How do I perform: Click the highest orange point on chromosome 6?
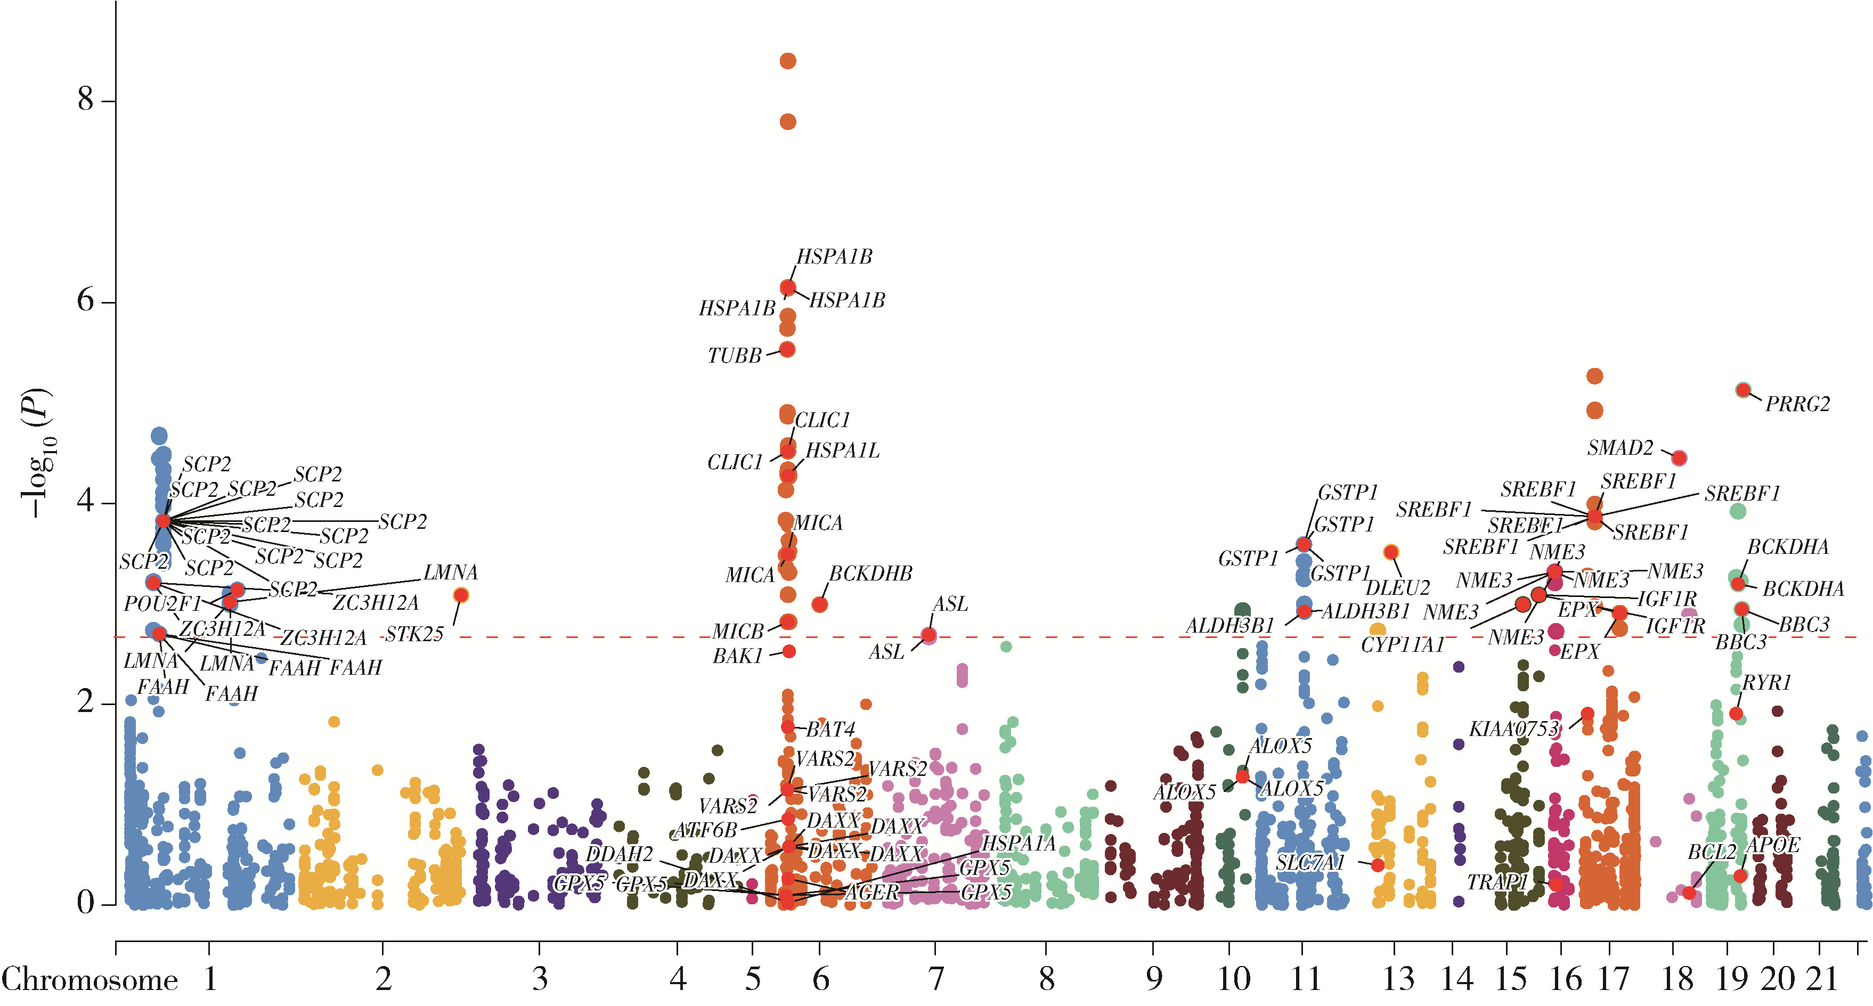coord(787,61)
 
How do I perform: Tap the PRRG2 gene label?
coord(1797,404)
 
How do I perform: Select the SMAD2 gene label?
coord(1620,448)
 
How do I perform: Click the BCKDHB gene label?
coord(870,574)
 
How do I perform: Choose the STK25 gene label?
coord(414,635)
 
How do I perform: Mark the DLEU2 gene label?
coord(1397,587)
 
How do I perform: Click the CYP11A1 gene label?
coord(1403,645)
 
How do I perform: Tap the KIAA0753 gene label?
coord(1514,729)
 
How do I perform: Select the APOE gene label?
coord(1773,845)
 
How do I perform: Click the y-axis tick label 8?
coord(86,99)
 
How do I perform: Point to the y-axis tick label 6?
coord(86,300)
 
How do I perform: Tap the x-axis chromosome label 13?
coord(1397,980)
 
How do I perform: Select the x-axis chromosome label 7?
coord(936,980)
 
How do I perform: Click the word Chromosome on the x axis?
coord(90,980)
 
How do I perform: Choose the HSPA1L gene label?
coord(842,451)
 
